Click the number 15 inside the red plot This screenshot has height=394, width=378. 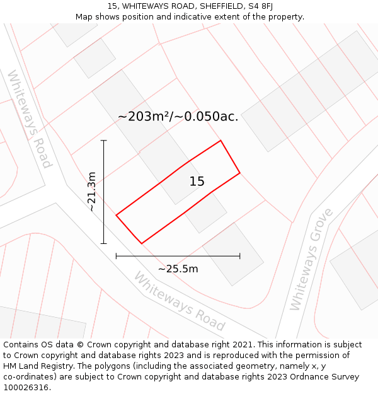(x=197, y=182)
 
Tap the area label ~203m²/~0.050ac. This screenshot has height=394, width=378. (x=178, y=117)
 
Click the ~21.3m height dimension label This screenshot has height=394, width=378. (x=92, y=191)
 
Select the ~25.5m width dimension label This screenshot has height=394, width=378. (x=178, y=269)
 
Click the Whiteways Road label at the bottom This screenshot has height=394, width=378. (x=179, y=302)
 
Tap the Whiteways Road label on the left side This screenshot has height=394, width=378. (x=29, y=119)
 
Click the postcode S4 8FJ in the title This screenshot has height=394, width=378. (x=259, y=6)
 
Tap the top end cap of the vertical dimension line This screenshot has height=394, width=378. (x=104, y=141)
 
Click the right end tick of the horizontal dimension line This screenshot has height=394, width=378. (x=239, y=256)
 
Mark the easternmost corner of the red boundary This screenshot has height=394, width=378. (x=239, y=173)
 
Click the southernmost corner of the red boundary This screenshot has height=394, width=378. (x=142, y=243)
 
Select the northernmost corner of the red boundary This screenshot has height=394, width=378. (x=220, y=141)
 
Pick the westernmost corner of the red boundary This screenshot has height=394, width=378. (x=117, y=216)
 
